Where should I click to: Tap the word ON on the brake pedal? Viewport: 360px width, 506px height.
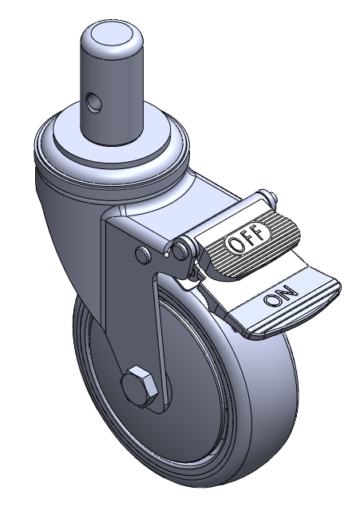pos(280,295)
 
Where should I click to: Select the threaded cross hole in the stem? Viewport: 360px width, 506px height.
pos(94,103)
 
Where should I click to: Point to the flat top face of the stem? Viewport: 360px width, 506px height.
pos(112,34)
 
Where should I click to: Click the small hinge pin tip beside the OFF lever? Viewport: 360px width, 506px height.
pos(273,198)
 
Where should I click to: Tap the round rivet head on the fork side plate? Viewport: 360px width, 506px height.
pos(143,255)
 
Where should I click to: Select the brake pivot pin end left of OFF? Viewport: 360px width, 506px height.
pos(180,250)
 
